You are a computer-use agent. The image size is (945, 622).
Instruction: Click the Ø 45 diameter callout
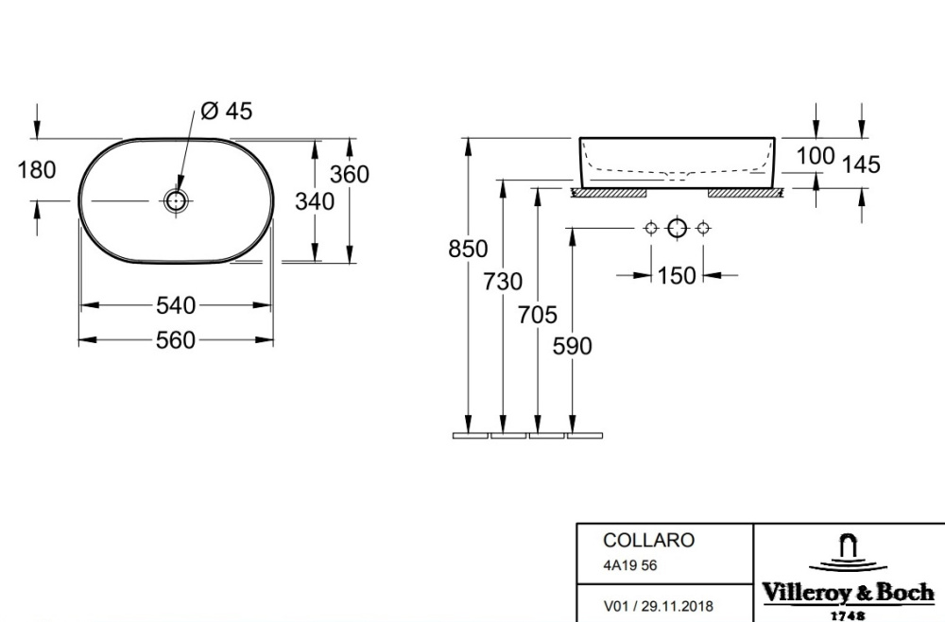(x=227, y=111)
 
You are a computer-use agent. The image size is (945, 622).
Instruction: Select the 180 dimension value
(x=37, y=170)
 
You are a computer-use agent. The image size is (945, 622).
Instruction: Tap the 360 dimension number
(x=350, y=174)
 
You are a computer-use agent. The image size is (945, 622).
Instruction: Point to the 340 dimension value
(x=315, y=201)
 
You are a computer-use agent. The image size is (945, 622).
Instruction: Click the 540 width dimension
(x=176, y=305)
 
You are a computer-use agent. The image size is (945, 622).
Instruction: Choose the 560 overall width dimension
(x=176, y=340)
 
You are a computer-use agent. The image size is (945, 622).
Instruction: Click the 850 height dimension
(x=468, y=249)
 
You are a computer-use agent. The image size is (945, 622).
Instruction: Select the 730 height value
(x=503, y=282)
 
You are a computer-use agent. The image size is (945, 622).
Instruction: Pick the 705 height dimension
(x=538, y=315)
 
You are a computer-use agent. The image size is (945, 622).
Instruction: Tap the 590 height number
(x=573, y=346)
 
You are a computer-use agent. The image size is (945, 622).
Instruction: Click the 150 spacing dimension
(x=677, y=275)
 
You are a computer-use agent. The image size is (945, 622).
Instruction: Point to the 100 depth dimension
(x=816, y=156)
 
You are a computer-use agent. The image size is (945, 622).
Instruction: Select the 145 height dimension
(x=861, y=164)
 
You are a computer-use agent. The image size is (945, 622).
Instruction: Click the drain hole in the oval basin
(x=176, y=200)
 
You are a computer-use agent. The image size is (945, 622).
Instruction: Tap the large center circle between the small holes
(x=677, y=229)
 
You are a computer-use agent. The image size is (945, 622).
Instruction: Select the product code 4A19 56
(x=629, y=565)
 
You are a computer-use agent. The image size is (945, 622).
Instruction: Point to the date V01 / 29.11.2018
(x=658, y=606)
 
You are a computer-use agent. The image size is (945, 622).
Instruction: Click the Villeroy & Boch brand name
(x=849, y=593)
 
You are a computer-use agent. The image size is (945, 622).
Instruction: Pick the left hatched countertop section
(x=609, y=193)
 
